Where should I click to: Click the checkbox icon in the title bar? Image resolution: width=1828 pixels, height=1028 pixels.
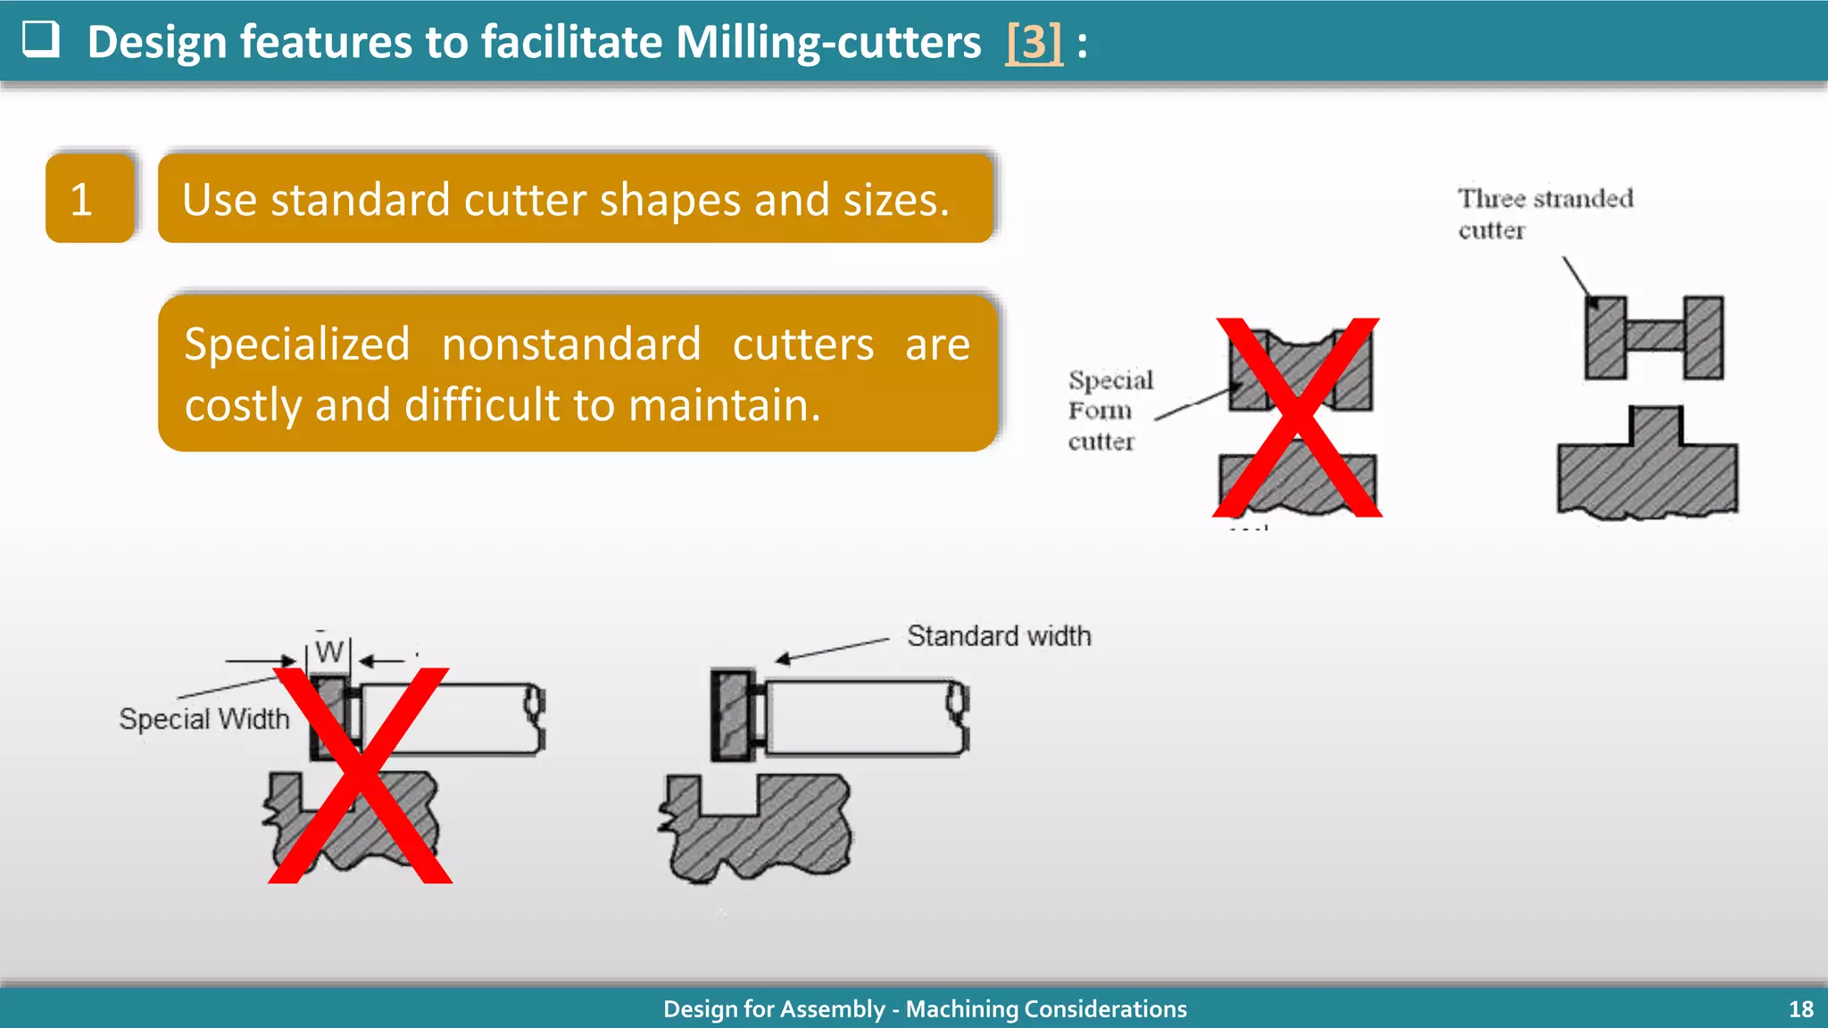(40, 39)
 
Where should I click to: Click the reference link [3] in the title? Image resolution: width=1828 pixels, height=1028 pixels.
(1034, 42)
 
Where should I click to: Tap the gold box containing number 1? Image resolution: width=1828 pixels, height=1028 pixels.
(89, 198)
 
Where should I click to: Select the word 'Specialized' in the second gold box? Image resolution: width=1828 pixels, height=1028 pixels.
(296, 344)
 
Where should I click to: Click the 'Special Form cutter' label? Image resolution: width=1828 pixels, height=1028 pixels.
(1109, 410)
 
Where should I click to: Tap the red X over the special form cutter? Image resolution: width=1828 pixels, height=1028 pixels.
(1298, 418)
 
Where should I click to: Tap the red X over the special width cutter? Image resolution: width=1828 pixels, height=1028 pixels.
(360, 775)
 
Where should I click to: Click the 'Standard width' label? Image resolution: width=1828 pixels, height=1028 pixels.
(998, 636)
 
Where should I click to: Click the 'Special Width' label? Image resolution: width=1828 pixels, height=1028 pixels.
(204, 719)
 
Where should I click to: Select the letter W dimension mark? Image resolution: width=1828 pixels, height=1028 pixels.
(328, 652)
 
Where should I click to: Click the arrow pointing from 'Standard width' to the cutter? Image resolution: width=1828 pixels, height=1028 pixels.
(830, 650)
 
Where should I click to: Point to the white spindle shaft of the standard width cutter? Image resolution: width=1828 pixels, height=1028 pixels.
(861, 717)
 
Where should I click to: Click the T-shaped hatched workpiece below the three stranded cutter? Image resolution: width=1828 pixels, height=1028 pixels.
(1647, 468)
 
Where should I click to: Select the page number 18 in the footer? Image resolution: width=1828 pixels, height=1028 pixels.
(1800, 1009)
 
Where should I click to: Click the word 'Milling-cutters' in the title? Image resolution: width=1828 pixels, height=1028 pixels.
(827, 42)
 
